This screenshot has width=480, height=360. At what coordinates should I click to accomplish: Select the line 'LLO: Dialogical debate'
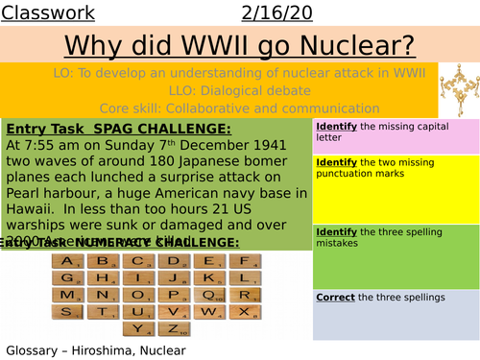click(x=220, y=90)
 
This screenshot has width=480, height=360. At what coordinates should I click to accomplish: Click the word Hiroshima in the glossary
click(x=107, y=349)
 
